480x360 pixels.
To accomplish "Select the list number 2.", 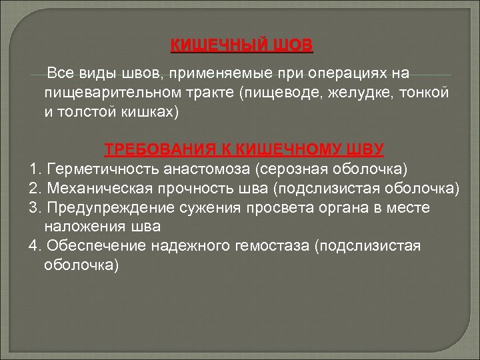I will pos(34,188).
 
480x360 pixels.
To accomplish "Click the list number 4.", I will pos(34,246).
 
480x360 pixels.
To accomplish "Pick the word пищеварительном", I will pos(114,92).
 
